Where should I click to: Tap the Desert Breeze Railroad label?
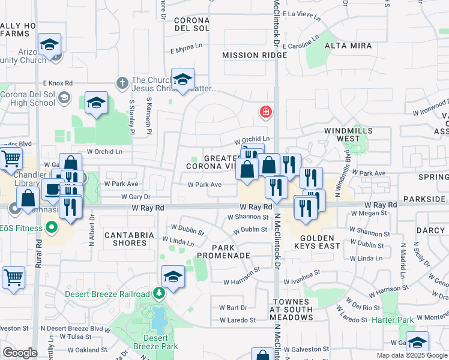(107, 294)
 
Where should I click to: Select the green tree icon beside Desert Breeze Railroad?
(159, 293)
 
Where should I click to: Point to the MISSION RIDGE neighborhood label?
(249, 55)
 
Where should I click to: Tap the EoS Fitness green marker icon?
(52, 227)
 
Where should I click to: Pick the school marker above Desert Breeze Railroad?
(173, 276)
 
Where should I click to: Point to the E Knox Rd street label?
(58, 83)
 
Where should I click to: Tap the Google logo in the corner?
(20, 353)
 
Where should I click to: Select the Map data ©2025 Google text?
(412, 355)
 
